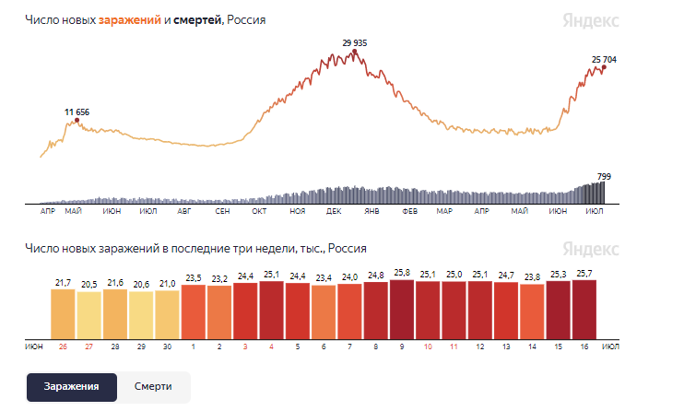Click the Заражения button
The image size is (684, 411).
point(72,387)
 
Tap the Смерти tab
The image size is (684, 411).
point(153,387)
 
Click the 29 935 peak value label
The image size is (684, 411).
point(355,43)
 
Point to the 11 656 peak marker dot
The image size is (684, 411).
point(77,120)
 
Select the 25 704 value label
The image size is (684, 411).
point(604,60)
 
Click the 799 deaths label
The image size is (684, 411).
point(604,177)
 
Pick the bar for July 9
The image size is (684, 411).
point(402,310)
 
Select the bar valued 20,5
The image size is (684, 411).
point(89,315)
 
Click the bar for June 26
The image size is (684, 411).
point(63,314)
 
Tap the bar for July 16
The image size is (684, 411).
point(584,310)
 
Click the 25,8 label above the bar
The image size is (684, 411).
point(402,273)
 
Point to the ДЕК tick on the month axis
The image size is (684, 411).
point(334,211)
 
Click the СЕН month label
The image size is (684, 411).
point(222,211)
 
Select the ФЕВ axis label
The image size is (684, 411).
point(409,211)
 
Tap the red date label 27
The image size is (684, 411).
point(89,346)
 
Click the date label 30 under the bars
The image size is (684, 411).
point(167,346)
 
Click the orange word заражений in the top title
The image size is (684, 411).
point(130,20)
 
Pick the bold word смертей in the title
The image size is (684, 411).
point(197,20)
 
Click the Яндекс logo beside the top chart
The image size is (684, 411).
point(591,21)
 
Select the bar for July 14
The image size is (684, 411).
point(532,311)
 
